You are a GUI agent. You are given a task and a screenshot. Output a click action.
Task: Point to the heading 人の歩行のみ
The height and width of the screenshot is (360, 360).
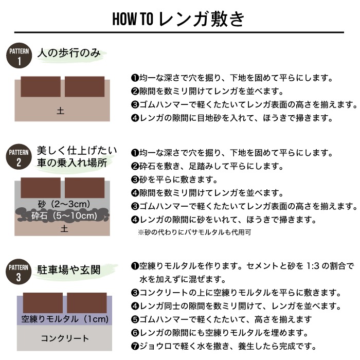click(68, 52)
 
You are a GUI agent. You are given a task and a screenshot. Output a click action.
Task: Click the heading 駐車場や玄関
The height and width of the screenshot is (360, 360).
click(68, 269)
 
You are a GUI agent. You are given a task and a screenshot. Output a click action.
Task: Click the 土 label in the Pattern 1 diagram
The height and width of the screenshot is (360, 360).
click(61, 110)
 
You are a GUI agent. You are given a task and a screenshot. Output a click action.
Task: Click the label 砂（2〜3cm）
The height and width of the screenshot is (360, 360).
click(64, 202)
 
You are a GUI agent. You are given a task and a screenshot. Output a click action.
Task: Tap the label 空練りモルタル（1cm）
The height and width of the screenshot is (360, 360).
click(65, 319)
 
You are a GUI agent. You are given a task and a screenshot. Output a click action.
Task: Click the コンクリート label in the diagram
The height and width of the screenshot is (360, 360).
click(65, 338)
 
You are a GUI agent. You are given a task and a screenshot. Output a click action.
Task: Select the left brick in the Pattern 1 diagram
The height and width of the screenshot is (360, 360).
click(41, 86)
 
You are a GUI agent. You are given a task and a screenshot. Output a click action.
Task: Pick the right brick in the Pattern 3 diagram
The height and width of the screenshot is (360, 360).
click(87, 303)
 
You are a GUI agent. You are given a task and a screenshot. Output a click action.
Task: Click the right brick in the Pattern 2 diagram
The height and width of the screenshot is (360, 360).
click(84, 187)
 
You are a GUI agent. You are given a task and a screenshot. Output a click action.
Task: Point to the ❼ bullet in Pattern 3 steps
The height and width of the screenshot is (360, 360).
click(135, 346)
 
